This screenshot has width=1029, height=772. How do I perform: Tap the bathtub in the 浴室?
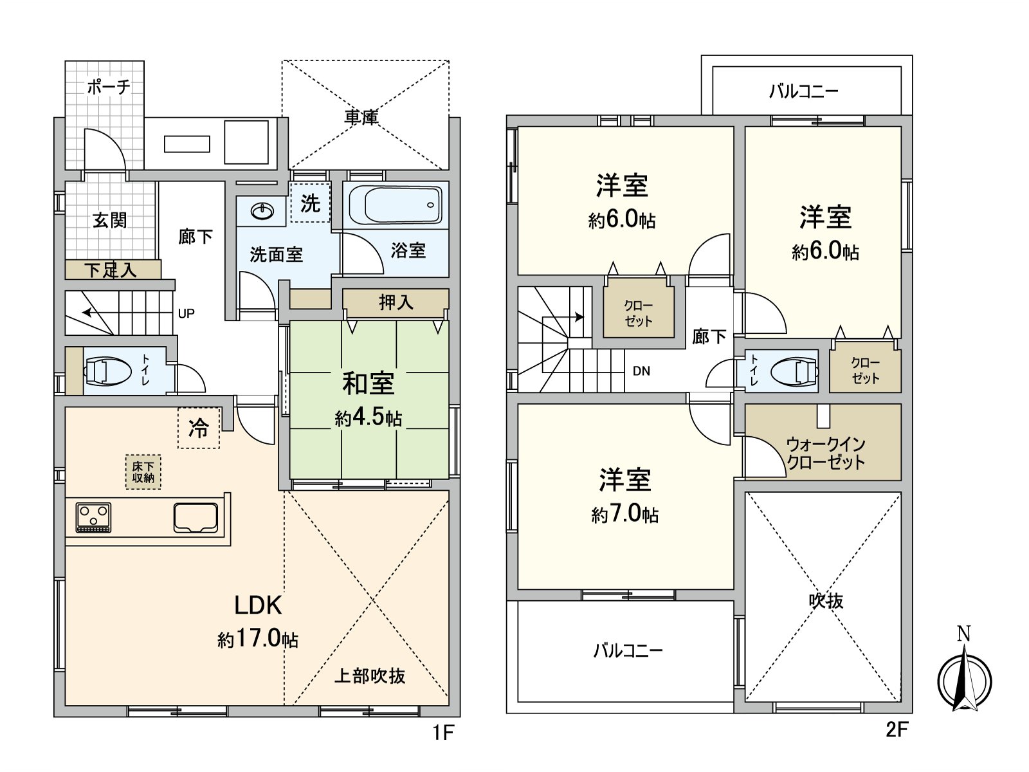click(396, 205)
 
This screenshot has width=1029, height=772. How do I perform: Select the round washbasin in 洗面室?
click(262, 210)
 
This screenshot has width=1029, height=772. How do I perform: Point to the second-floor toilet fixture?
click(792, 372)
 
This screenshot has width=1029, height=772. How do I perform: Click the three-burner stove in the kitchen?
click(93, 517)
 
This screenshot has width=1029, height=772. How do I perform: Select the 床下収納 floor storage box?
click(143, 472)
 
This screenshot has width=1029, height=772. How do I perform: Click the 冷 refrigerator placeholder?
click(199, 428)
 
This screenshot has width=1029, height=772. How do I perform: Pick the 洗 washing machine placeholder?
click(310, 203)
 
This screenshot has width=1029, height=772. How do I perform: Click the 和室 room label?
click(368, 383)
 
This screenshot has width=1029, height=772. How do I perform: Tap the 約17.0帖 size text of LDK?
click(257, 638)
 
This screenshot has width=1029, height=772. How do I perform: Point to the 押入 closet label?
click(396, 302)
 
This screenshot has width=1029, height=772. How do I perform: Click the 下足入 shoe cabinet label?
click(111, 270)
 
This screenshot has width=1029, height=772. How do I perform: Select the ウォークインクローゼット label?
click(826, 453)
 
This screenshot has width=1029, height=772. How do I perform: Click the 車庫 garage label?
click(361, 117)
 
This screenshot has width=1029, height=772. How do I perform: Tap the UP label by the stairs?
click(186, 313)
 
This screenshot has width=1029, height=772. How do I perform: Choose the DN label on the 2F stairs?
click(641, 371)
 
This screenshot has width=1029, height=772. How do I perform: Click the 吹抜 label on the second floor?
click(826, 600)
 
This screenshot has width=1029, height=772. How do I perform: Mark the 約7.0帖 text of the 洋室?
click(624, 514)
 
